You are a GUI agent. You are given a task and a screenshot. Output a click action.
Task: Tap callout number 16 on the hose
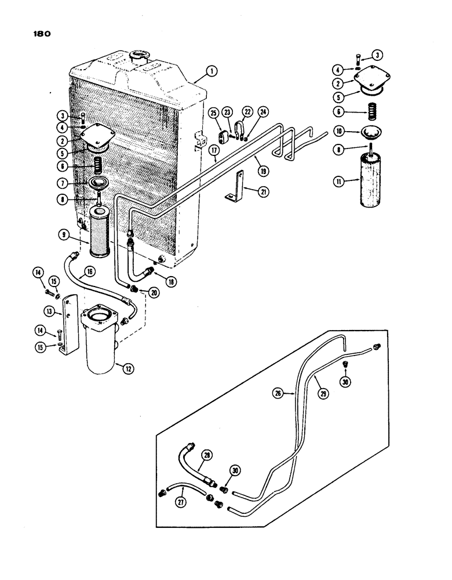[x=90, y=271]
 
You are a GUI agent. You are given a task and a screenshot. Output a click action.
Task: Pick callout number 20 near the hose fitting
[x=154, y=293]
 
